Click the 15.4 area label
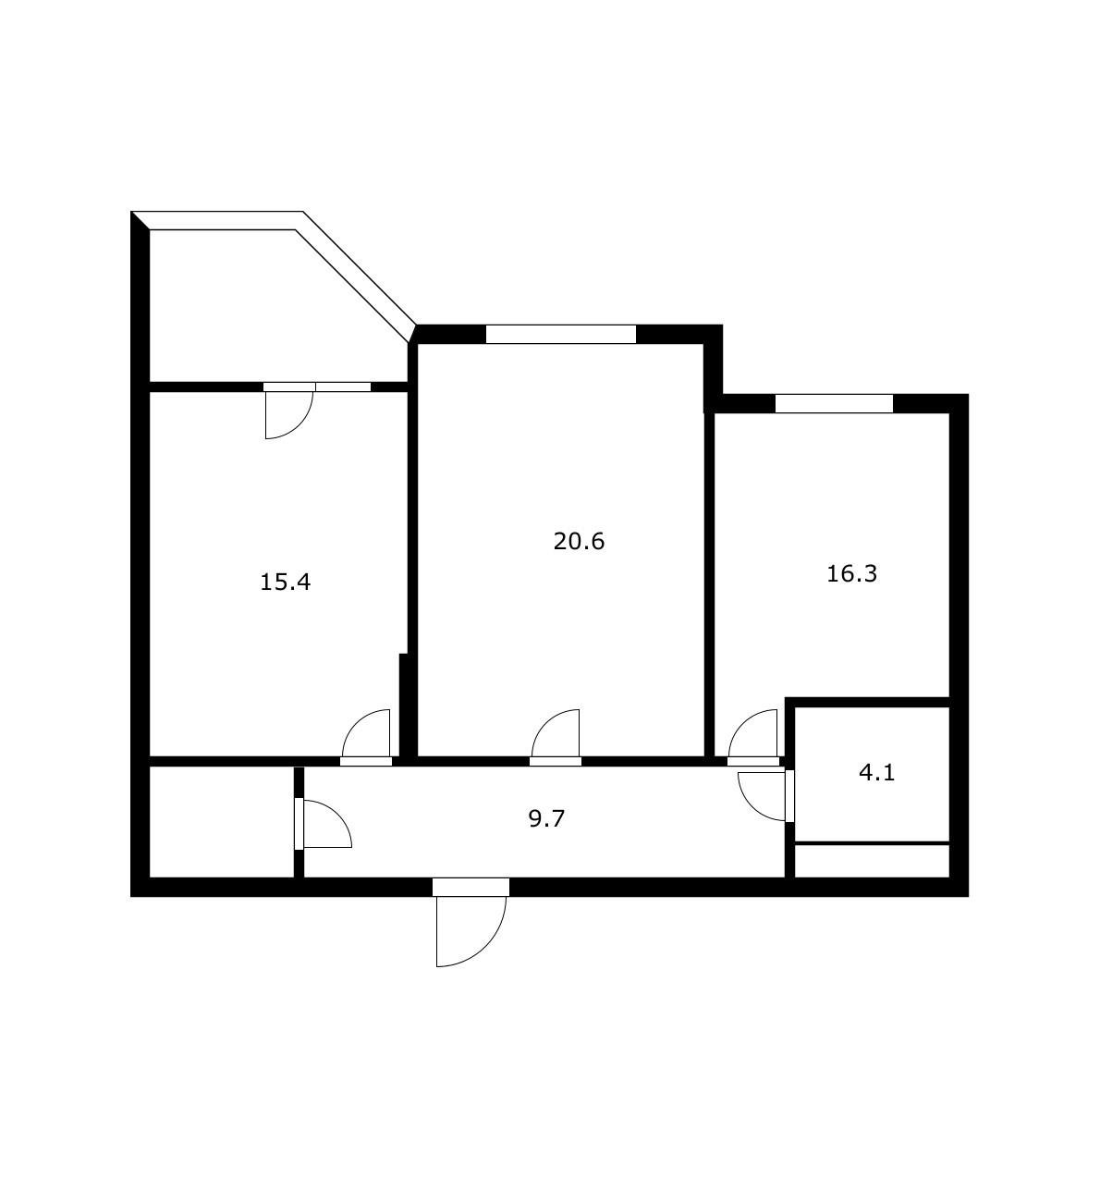[x=285, y=583]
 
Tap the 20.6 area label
[x=579, y=541]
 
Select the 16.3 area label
[x=851, y=573]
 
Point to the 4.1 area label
[x=877, y=772]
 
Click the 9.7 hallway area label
[x=546, y=818]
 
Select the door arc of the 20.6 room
[x=554, y=733]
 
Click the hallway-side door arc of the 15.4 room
[x=364, y=733]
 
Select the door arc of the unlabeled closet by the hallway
[x=327, y=824]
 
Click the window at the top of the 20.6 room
[x=561, y=335]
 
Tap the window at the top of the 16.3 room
[x=834, y=403]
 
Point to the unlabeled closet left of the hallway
[x=222, y=821]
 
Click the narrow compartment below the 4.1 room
[x=872, y=860]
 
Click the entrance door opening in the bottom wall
[x=471, y=887]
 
